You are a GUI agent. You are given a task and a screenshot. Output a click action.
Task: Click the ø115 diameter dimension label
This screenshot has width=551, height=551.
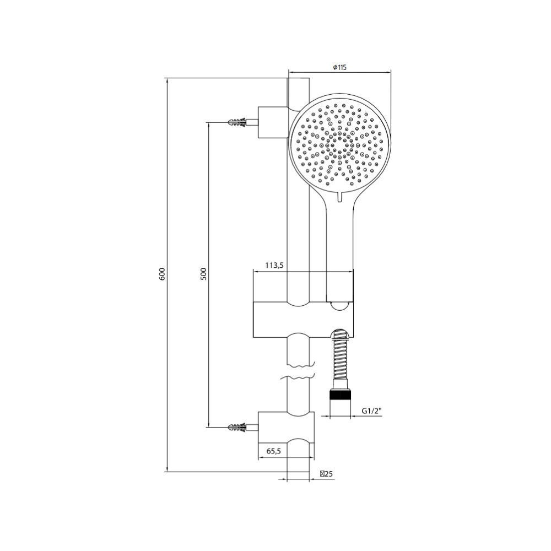pyautogui.click(x=339, y=67)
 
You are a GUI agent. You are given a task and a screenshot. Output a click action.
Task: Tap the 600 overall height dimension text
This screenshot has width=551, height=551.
pyautogui.click(x=162, y=274)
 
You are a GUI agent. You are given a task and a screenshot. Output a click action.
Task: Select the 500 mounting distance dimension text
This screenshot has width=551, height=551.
pyautogui.click(x=204, y=274)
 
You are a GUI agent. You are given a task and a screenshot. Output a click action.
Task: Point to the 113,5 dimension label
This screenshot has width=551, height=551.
pyautogui.click(x=274, y=266)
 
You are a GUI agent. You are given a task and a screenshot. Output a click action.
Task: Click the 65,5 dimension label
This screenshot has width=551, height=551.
pyautogui.click(x=273, y=451)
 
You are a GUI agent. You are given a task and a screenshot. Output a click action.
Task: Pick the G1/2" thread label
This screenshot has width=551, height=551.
pyautogui.click(x=372, y=411)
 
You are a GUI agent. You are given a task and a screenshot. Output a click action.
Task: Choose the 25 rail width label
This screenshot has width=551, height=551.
pyautogui.click(x=326, y=474)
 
